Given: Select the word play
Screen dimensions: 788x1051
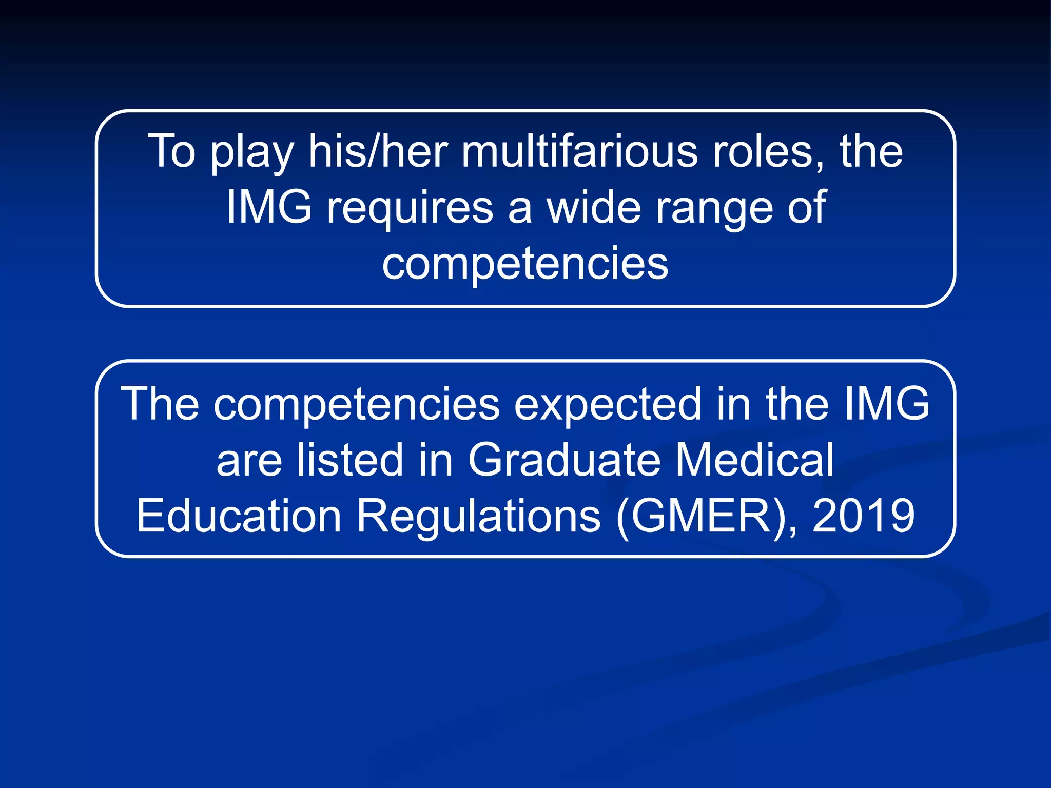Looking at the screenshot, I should (x=251, y=152).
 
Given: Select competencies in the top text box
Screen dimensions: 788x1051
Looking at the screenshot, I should (x=525, y=264).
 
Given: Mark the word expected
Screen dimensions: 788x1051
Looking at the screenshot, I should (x=608, y=405).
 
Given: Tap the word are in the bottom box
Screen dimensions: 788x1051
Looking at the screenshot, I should (x=248, y=461).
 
